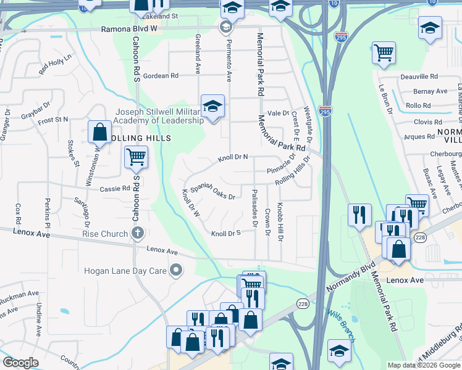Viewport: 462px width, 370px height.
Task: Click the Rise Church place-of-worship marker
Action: pyautogui.click(x=138, y=234)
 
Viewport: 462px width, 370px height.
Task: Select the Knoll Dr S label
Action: pyautogui.click(x=225, y=234)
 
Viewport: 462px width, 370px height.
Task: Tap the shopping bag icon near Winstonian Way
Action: pyautogui.click(x=99, y=131)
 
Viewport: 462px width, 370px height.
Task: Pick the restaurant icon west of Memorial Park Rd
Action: pyautogui.click(x=359, y=215)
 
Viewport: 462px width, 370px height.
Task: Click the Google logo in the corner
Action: pyautogui.click(x=21, y=363)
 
